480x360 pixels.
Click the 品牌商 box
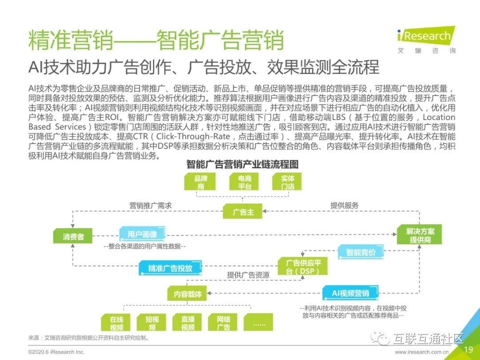coord(200,182)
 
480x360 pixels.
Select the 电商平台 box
coord(244,182)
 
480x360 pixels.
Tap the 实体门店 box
coord(287,182)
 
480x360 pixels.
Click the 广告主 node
coord(243,212)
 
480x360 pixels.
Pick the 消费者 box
coord(73,236)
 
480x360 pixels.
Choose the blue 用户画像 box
coord(142,235)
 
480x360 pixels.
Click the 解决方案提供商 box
coord(420,235)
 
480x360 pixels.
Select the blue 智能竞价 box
coord(361,252)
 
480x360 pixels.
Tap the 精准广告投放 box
coord(170,268)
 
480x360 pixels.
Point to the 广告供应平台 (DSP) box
coord(303,266)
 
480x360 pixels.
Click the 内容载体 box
coord(187,294)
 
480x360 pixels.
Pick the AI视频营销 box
coord(351,293)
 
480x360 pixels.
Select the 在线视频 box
coord(116,323)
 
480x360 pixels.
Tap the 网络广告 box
coord(223,323)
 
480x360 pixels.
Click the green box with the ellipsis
coord(258,323)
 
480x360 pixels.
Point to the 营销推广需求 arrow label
coord(150,205)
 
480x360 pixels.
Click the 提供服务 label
coord(344,205)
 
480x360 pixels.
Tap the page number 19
coord(468,349)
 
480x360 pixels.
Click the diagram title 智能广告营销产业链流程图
coord(243,164)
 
